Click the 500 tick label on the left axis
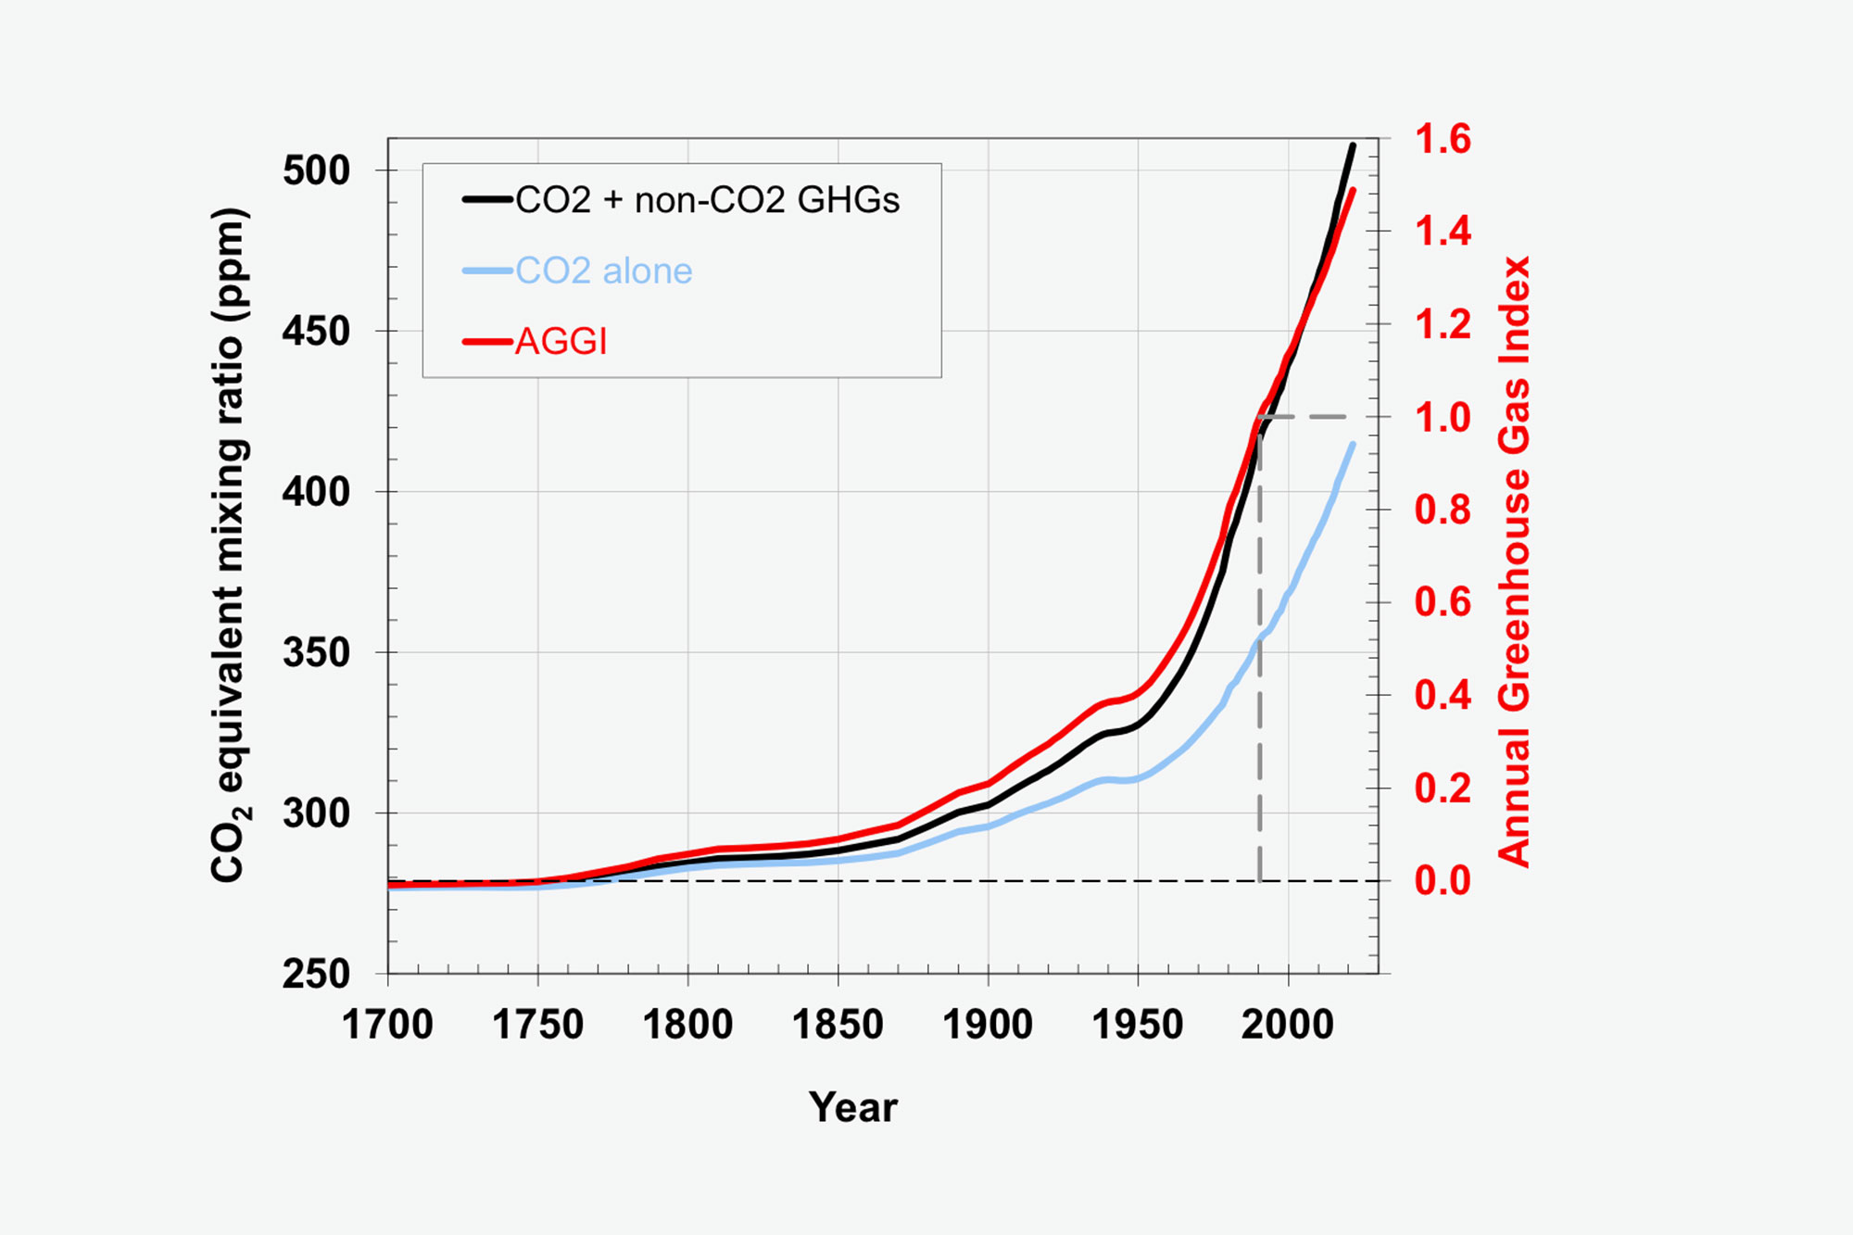point(316,170)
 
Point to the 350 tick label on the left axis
point(316,652)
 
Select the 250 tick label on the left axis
point(316,974)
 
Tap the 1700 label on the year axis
point(387,1025)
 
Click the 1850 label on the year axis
point(838,1025)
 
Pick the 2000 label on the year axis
point(1288,1025)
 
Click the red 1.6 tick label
point(1443,139)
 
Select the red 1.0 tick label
point(1443,417)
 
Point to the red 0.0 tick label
point(1443,880)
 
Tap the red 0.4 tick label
point(1443,695)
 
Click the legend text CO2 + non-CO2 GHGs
point(707,200)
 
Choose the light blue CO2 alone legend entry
point(603,271)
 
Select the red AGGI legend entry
point(561,342)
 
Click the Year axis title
point(852,1107)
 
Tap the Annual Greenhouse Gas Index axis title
point(1514,561)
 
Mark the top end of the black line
point(1353,145)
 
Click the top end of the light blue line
point(1353,445)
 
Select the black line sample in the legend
point(487,199)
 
